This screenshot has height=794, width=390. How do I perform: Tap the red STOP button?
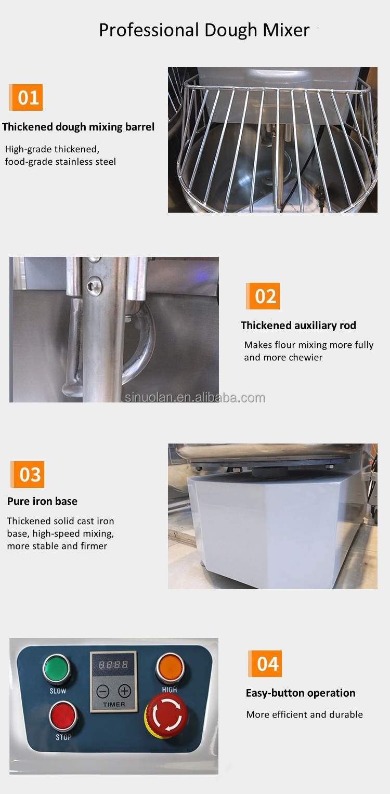pos(63,716)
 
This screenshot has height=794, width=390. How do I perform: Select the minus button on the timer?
pos(103,691)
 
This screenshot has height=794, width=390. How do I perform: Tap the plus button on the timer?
pos(124,691)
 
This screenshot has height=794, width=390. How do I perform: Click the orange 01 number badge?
pos(27,98)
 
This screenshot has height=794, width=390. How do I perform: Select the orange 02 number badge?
pos(264,296)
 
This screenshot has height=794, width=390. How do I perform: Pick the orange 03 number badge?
pos(29,474)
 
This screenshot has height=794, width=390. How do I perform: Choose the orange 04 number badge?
pos(266,664)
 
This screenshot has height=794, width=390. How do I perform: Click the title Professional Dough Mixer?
pos(204,30)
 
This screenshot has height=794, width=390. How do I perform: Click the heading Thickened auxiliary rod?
pos(298,326)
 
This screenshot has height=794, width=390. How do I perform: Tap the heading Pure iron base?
pos(42,501)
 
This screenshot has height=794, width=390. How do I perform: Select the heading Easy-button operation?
pos(301,693)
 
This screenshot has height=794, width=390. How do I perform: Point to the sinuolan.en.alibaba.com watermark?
pos(195,398)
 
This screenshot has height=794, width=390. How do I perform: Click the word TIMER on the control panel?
pos(114,705)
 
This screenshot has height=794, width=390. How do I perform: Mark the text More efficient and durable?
pos(304,714)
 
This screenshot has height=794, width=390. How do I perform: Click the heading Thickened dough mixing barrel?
pos(78,127)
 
